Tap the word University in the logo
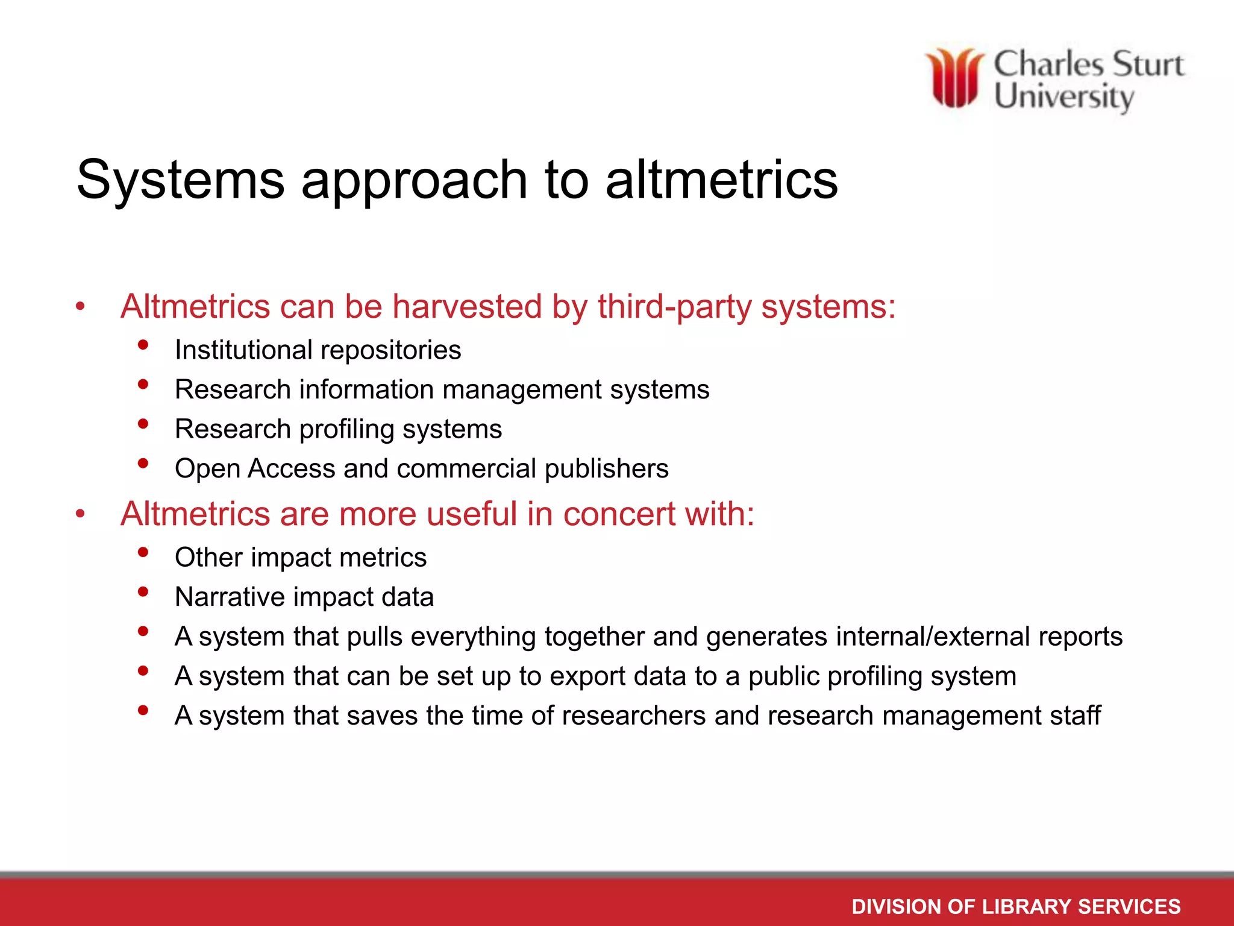tap(1063, 97)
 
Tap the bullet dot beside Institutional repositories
tap(143, 345)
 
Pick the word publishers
tap(606, 468)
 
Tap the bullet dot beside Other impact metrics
tap(143, 552)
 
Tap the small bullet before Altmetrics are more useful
tap(81, 515)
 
